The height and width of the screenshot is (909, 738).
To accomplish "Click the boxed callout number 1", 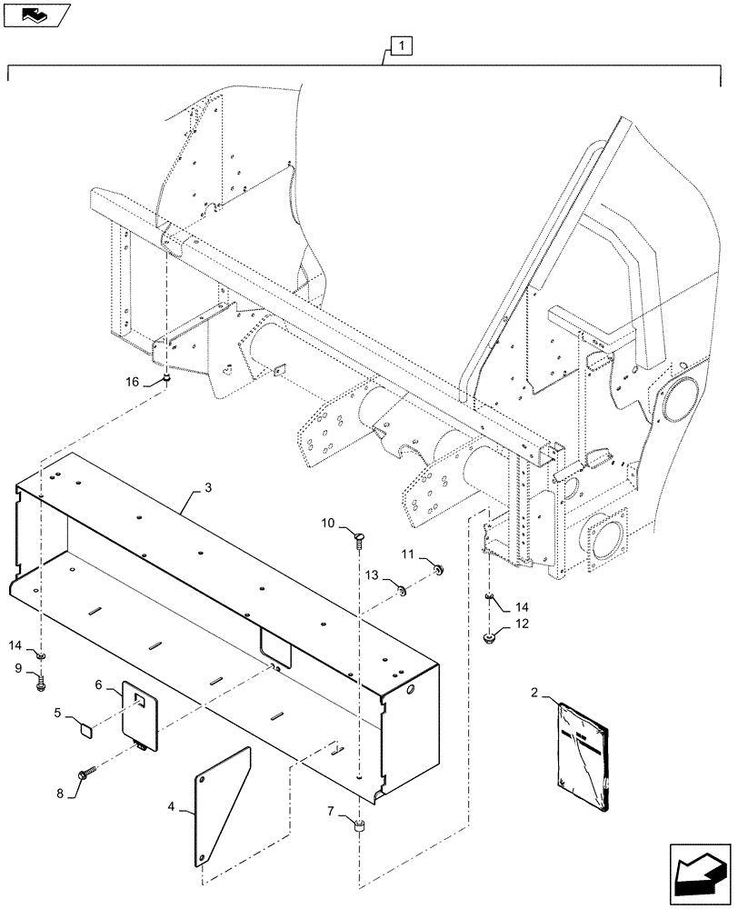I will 402,44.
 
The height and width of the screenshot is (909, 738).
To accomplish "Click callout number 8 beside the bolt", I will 61,793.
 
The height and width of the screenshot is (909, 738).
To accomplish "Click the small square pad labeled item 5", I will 85,728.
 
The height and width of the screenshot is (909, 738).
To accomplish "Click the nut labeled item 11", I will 438,570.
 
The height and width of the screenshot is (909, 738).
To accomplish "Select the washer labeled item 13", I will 399,592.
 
